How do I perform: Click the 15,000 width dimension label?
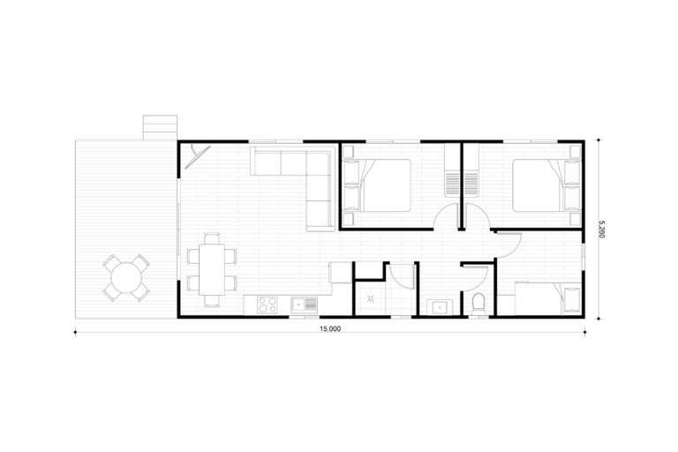coord(330,328)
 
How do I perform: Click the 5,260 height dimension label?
coord(601,230)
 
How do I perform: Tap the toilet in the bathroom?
coord(478,304)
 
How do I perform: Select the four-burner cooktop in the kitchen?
coord(267,305)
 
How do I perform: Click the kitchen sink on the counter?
coord(304,305)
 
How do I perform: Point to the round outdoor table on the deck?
coord(126,278)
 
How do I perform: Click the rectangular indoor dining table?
coord(212,269)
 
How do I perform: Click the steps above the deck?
coord(160,127)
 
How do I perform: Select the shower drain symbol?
coord(371,298)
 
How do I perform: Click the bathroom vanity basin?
coord(440,307)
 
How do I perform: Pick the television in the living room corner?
coord(197,156)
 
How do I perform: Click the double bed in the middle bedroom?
coord(377,185)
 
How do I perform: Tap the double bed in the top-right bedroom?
coord(546,185)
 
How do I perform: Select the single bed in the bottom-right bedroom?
coord(548,298)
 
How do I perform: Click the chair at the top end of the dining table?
coord(212,238)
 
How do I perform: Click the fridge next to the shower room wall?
coord(340,273)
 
